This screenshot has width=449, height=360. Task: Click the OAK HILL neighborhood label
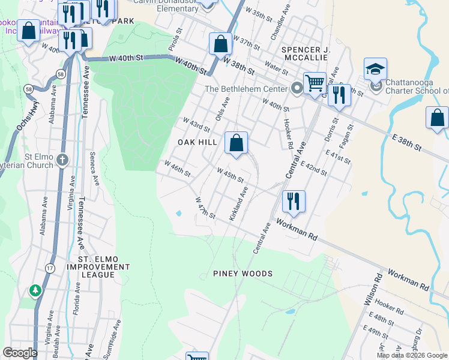197,142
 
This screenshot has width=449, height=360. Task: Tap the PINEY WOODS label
243,274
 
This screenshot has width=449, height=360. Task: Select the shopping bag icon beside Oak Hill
236,143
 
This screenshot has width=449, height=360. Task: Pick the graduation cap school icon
375,70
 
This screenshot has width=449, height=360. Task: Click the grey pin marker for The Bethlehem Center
297,89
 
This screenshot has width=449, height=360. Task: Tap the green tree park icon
35,291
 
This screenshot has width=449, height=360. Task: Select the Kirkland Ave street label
238,205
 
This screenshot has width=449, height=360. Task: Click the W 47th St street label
205,207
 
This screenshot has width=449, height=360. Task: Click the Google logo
20,353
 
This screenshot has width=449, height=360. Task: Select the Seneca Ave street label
94,169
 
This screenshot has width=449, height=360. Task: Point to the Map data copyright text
411,355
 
